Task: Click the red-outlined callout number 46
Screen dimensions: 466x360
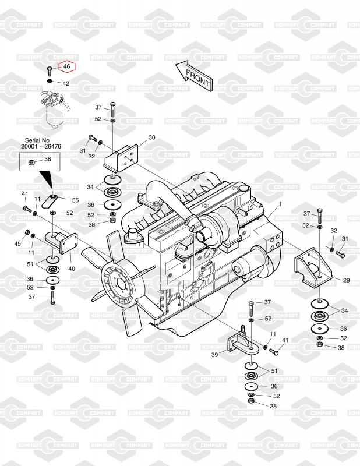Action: [66, 68]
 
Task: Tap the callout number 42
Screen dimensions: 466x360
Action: [66, 84]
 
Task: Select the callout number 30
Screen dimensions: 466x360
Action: [151, 137]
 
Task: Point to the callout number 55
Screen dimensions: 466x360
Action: [75, 200]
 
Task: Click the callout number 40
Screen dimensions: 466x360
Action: [72, 269]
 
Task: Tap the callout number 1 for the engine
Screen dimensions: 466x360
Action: [280, 204]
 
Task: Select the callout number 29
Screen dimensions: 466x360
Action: [346, 280]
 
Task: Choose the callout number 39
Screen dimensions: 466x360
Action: [214, 354]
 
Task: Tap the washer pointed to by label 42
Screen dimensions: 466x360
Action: [51, 83]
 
